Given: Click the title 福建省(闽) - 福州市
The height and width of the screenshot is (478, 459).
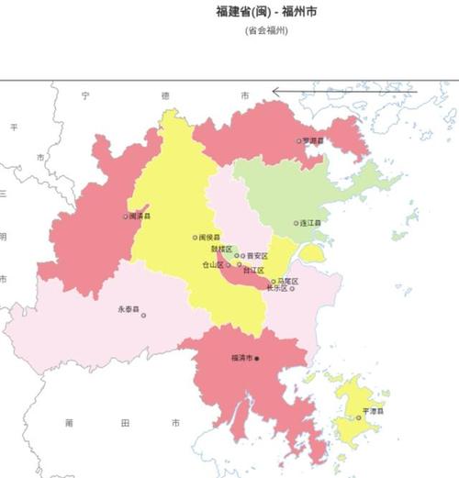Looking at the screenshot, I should tap(266, 12).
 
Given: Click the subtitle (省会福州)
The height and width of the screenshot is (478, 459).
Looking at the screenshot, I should tap(266, 30).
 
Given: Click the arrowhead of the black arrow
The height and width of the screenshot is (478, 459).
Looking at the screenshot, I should tap(274, 91).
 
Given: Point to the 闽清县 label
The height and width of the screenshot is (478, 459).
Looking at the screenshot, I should tap(140, 217).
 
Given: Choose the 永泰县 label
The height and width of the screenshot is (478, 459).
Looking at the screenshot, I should tap(128, 309).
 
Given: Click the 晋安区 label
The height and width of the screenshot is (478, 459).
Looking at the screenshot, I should tap(257, 256).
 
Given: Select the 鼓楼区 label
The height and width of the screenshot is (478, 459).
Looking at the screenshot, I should tap(221, 249).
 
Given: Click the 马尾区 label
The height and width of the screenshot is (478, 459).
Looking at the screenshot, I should tap(286, 281).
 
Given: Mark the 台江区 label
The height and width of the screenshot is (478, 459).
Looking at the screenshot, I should tap(253, 271).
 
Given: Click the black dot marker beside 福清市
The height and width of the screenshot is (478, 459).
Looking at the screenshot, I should tap(258, 358).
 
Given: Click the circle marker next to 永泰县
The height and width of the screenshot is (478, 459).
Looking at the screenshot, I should tap(143, 316).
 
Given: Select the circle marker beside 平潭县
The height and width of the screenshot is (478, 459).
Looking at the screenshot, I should tap(359, 418).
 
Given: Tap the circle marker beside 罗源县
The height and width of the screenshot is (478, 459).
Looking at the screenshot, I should tap(298, 140).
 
